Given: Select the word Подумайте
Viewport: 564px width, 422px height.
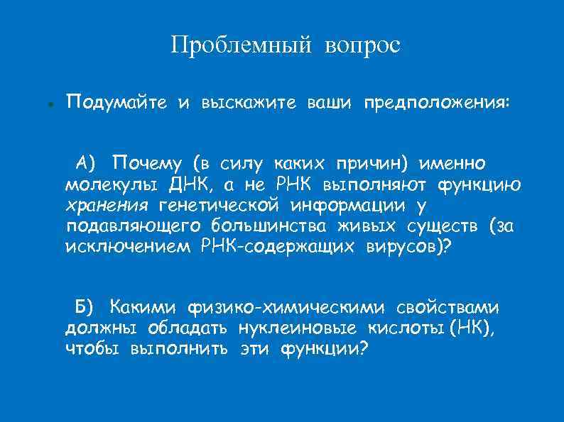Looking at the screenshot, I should (x=116, y=103).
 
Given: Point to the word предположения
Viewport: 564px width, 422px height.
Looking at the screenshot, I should (x=436, y=103).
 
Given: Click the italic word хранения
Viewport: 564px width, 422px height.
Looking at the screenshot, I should (x=107, y=206).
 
